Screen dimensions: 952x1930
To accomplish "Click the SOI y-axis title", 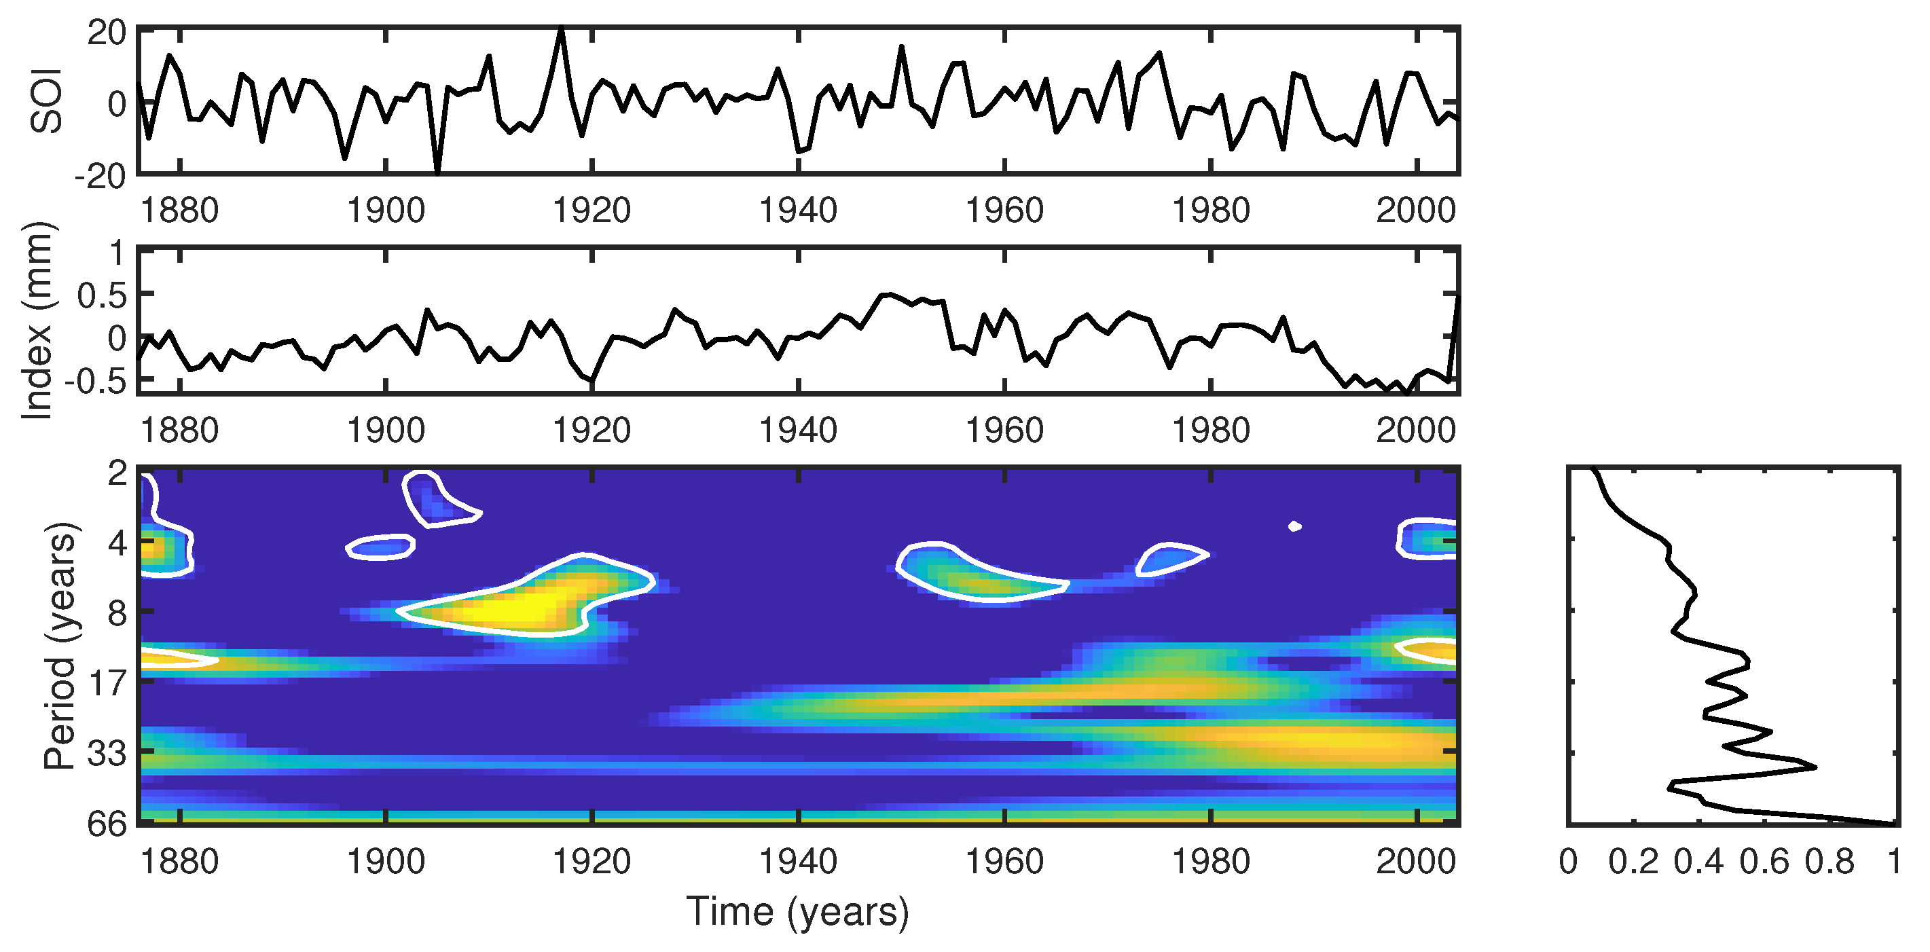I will tap(46, 101).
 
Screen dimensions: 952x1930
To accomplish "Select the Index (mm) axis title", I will tap(37, 321).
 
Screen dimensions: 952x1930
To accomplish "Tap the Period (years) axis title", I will tap(60, 646).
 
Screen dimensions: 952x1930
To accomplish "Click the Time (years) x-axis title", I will tap(797, 911).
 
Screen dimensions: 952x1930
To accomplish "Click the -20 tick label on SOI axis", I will tap(100, 177).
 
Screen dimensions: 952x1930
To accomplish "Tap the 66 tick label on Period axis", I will tap(107, 824).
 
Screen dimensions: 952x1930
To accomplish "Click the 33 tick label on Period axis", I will tap(107, 754).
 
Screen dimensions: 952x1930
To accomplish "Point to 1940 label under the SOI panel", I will tap(798, 210).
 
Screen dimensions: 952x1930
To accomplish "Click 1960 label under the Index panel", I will tap(1004, 431).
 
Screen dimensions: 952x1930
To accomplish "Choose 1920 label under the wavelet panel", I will tap(592, 862).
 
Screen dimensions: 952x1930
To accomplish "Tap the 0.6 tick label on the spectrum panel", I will tap(1764, 862).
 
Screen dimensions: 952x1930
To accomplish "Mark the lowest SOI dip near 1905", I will tap(437, 172).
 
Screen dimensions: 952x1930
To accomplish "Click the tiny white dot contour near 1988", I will tap(1294, 526).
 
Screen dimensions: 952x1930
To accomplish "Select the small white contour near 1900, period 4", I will tap(380, 547).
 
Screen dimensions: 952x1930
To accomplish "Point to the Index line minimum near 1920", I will tap(593, 382).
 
